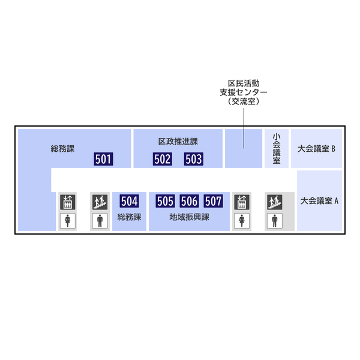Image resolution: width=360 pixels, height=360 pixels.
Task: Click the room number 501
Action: coord(103,159)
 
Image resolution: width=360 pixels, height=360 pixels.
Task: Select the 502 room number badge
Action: coord(163,159)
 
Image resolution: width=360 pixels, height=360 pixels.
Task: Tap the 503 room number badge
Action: coord(193,159)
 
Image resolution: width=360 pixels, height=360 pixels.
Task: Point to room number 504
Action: coord(129,201)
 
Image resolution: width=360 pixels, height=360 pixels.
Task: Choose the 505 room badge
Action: coord(165,201)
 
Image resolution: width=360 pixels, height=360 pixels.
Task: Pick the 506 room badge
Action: coord(189,201)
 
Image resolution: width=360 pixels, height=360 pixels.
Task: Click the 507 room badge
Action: coord(213,201)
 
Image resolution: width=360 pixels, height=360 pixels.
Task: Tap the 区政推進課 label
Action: coord(178,142)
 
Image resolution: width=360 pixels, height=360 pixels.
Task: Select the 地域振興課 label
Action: coord(189,217)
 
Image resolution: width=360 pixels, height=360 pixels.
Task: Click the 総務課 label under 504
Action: coord(129,217)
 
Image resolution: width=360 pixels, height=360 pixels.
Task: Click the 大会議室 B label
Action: coord(316,148)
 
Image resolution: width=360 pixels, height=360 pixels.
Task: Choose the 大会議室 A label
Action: coord(319,201)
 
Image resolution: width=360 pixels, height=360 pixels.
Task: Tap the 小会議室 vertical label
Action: coord(276,148)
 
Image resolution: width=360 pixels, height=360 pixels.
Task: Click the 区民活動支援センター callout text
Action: coord(244,92)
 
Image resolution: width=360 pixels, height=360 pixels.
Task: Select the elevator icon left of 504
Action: coord(67,202)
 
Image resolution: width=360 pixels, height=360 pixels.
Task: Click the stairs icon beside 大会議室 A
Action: coord(275,202)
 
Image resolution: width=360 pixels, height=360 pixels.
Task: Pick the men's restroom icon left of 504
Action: coord(100,220)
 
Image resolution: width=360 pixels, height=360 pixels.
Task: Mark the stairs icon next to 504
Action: coord(100,202)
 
